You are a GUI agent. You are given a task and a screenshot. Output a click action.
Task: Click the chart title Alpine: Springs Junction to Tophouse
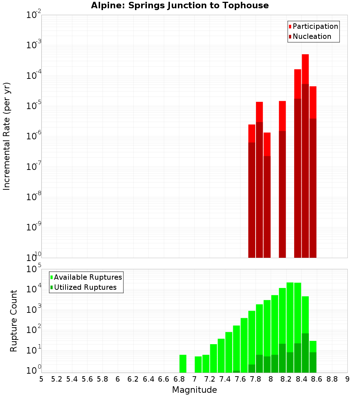180,5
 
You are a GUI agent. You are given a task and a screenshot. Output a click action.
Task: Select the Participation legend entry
315,26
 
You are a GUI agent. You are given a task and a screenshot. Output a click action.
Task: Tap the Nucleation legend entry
312,36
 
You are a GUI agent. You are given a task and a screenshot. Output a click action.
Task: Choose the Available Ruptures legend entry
88,277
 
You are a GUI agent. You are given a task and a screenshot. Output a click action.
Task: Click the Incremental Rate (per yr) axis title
7,136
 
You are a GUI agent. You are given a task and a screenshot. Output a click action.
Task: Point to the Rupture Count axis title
14,321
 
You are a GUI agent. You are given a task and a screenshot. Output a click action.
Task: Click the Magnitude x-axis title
194,390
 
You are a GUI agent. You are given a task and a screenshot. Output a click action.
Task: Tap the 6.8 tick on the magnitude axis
179,379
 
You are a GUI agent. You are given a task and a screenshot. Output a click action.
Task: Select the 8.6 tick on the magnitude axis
317,379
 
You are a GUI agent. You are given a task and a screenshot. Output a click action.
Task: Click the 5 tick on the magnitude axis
41,379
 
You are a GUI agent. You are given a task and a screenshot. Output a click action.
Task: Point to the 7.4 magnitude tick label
225,379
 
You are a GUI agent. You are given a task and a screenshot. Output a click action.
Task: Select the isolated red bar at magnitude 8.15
282,180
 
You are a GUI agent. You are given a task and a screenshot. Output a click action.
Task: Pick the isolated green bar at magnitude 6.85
183,364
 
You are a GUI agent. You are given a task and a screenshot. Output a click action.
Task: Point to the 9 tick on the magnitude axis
347,379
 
